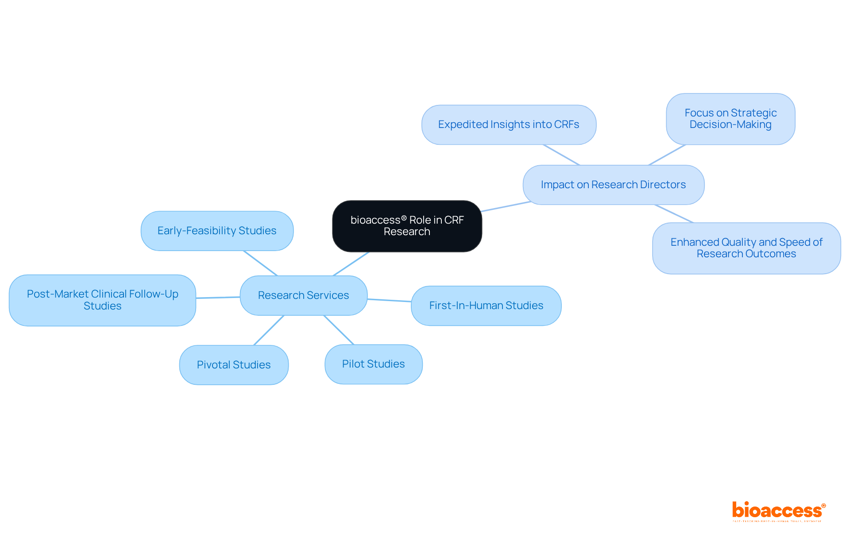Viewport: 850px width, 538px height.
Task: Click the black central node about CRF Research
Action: click(x=407, y=226)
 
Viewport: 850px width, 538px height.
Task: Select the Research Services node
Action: click(x=303, y=295)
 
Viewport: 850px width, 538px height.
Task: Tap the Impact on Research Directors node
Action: click(x=613, y=185)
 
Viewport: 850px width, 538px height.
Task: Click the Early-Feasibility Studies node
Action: click(x=217, y=231)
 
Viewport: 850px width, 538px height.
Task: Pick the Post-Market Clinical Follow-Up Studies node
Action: click(x=102, y=300)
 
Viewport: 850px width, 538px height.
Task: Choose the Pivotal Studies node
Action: click(x=234, y=365)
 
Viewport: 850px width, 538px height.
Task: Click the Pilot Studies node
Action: click(x=373, y=364)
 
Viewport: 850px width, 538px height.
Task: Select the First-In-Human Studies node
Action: click(x=486, y=306)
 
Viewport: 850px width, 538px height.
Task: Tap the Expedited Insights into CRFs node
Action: click(x=509, y=124)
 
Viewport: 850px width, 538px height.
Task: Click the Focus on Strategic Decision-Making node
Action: click(x=730, y=119)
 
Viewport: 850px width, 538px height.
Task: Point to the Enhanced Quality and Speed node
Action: click(x=746, y=248)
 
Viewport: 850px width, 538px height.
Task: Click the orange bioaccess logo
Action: click(x=778, y=511)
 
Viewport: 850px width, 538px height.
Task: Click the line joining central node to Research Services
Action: click(x=351, y=264)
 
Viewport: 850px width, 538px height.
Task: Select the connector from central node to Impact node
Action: click(x=506, y=206)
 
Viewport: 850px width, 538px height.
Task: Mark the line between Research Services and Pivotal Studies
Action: click(x=269, y=330)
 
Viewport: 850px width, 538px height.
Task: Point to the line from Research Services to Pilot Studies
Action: click(x=339, y=330)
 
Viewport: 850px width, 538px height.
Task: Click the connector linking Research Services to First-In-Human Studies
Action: click(x=389, y=300)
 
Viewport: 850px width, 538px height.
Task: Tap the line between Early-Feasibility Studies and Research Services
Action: click(x=260, y=263)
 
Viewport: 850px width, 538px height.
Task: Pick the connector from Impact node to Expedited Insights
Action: click(x=561, y=155)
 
